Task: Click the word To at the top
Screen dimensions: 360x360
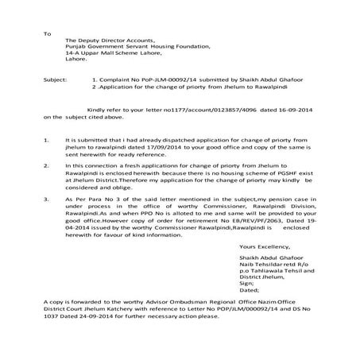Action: [x=48, y=34]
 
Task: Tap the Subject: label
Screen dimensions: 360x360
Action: [x=58, y=80]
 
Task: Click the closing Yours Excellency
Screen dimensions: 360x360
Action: [x=264, y=247]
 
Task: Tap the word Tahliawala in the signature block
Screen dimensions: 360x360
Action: [x=265, y=270]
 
